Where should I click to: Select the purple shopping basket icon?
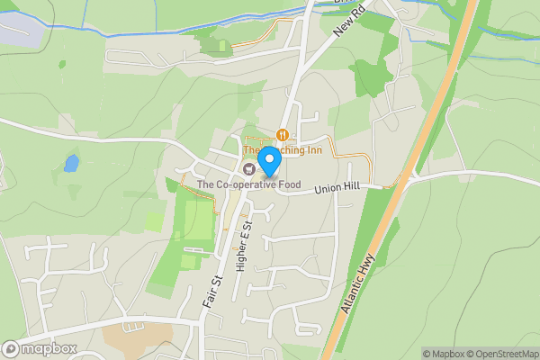(x=248, y=169)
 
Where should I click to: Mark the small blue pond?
(x=70, y=163)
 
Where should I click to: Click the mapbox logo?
(x=40, y=348)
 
